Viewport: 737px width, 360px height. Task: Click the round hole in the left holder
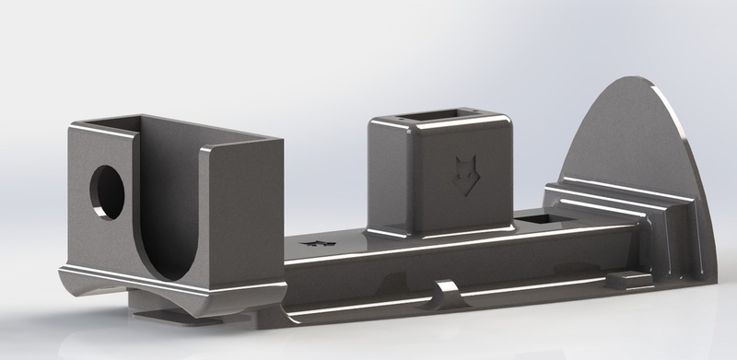(107, 192)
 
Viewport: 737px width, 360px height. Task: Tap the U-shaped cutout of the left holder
(170, 221)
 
